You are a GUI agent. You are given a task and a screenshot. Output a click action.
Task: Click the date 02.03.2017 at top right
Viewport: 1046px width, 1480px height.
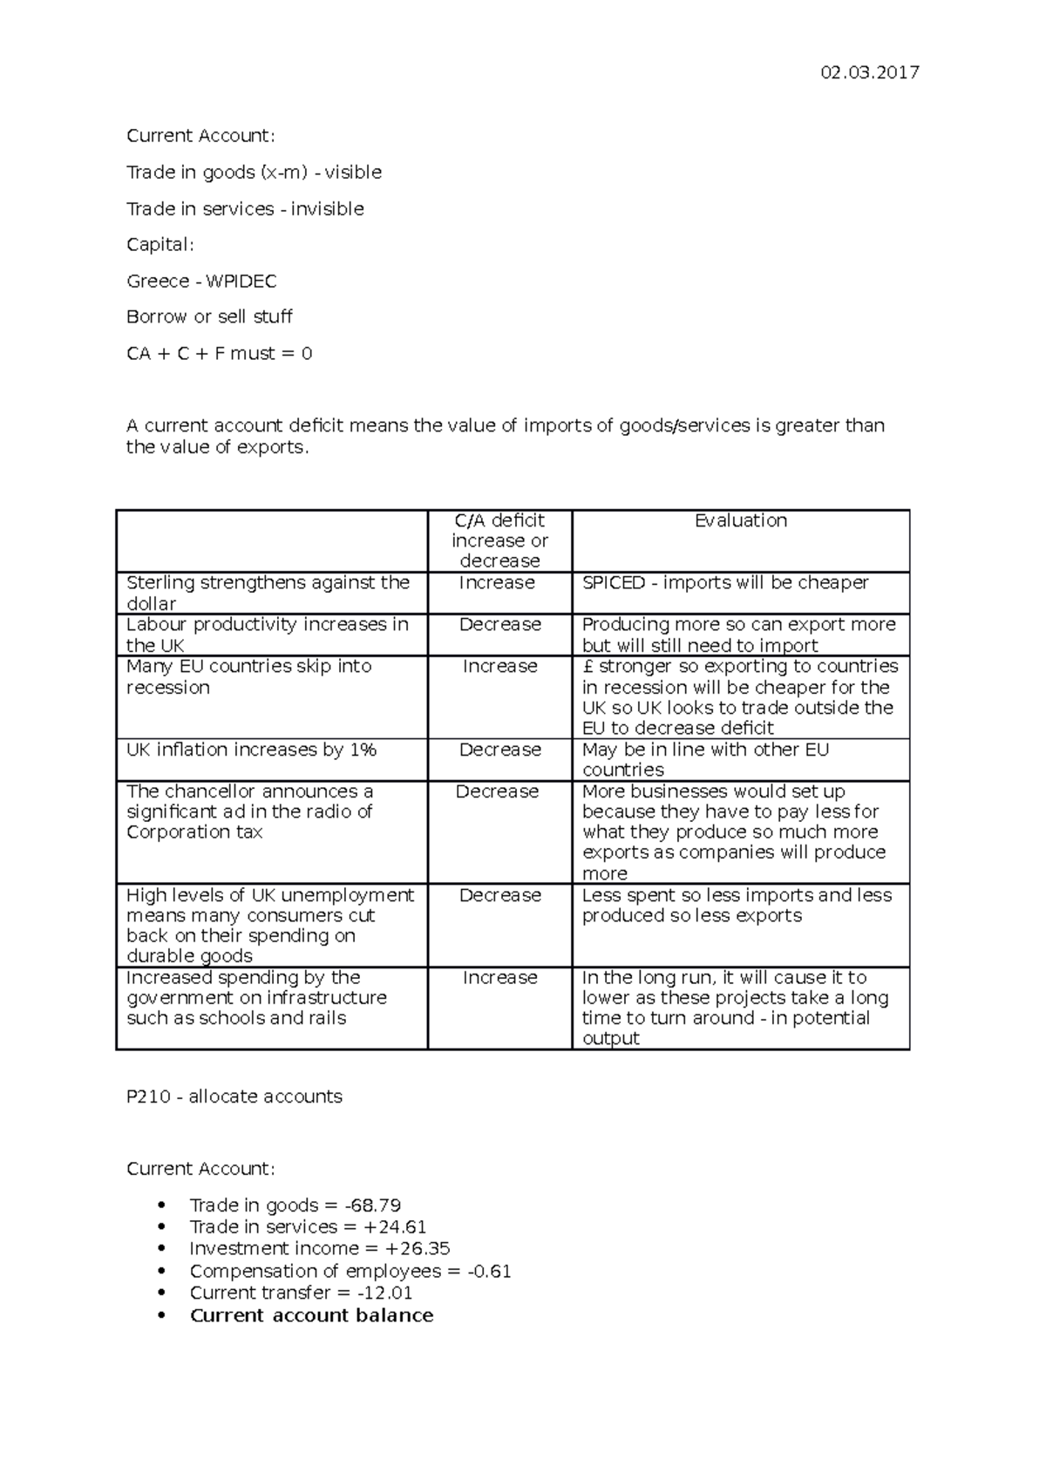pos(869,72)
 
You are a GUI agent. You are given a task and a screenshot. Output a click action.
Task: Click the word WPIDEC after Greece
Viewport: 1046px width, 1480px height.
pos(241,281)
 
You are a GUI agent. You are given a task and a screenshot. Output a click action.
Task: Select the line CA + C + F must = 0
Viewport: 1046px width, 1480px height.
pos(219,353)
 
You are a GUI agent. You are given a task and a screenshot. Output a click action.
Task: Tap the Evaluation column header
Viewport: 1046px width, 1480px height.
pos(740,520)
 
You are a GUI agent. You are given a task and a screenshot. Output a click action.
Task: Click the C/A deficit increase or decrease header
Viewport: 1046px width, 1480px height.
pos(499,540)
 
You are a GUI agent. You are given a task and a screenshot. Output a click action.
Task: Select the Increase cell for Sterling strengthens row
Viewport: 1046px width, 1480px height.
pos(497,582)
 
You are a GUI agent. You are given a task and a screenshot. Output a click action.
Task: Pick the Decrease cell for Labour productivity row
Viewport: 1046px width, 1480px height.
pos(499,624)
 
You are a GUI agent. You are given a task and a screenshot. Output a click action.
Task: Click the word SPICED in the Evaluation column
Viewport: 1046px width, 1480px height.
pos(613,582)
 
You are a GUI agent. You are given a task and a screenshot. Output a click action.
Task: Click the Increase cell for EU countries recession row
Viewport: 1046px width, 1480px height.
pos(499,666)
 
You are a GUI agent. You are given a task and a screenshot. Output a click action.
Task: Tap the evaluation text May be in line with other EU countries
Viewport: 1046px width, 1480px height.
pos(705,759)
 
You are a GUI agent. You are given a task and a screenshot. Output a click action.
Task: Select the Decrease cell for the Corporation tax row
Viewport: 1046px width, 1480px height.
pos(497,791)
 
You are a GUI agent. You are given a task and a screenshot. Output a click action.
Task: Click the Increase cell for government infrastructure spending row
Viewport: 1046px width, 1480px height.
pos(499,977)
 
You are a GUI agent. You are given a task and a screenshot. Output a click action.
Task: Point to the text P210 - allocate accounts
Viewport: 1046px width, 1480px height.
pos(234,1096)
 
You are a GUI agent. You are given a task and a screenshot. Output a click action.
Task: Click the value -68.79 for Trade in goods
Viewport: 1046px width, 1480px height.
pos(372,1205)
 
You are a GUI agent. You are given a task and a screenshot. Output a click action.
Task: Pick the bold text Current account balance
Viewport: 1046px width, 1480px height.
pos(311,1315)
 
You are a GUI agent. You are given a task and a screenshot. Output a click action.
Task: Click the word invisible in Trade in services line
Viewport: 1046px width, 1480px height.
pos(327,208)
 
